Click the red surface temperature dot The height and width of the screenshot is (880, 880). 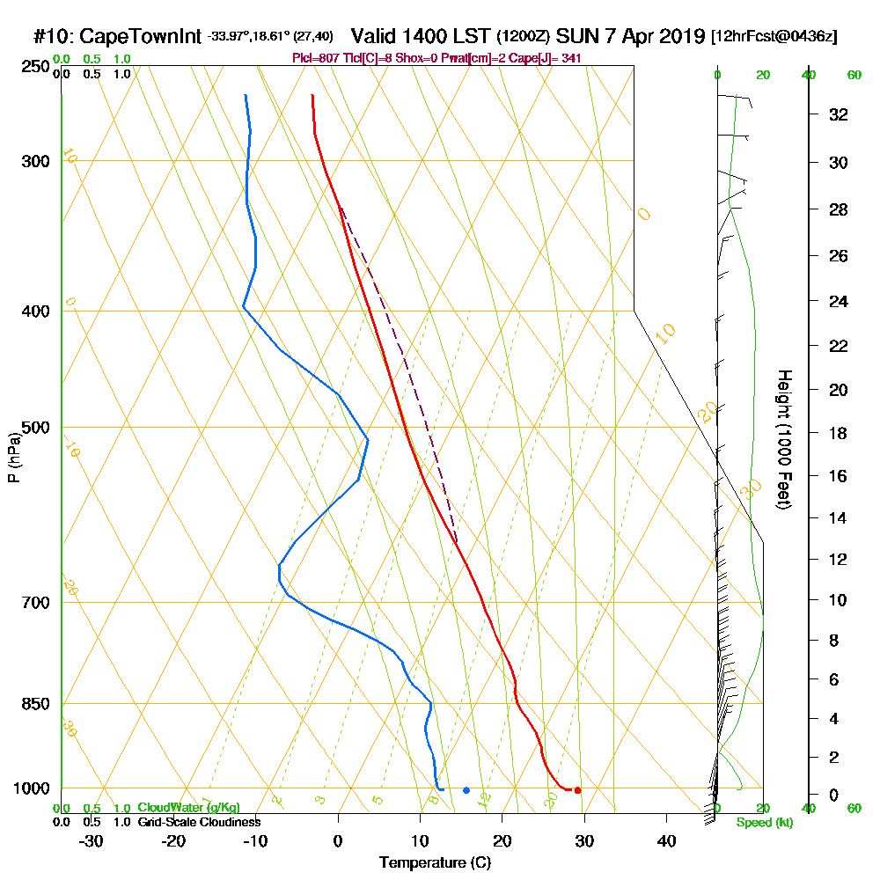577,790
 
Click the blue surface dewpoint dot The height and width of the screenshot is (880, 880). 466,790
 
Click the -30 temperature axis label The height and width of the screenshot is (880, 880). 92,840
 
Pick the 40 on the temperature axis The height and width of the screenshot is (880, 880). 666,840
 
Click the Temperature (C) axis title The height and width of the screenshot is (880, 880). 435,863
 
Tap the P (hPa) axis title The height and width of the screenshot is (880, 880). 13,457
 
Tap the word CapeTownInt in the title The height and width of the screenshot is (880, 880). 142,37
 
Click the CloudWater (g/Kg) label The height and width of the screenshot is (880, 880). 188,808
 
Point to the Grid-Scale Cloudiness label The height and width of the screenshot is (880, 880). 199,822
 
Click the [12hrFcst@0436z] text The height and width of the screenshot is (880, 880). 774,37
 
